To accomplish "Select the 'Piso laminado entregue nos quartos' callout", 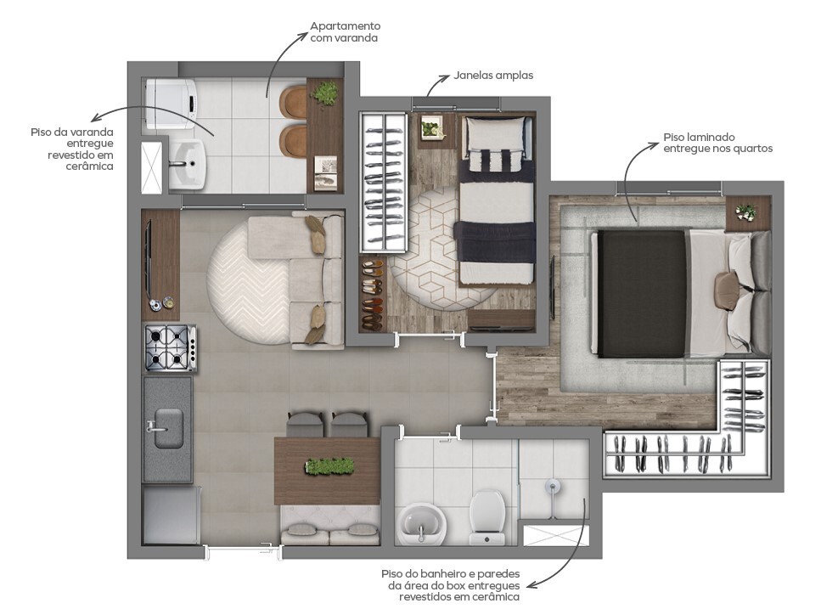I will coord(717,142).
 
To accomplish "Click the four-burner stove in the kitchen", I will coord(170,348).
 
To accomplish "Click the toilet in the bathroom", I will coord(488,515).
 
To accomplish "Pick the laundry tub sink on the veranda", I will coord(186,164).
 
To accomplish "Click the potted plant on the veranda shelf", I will coord(324,93).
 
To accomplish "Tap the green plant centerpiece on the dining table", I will coord(328,466).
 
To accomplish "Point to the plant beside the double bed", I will coord(745,212).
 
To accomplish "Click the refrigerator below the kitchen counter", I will coord(170,515).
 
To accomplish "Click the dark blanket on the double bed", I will coord(642,293).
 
